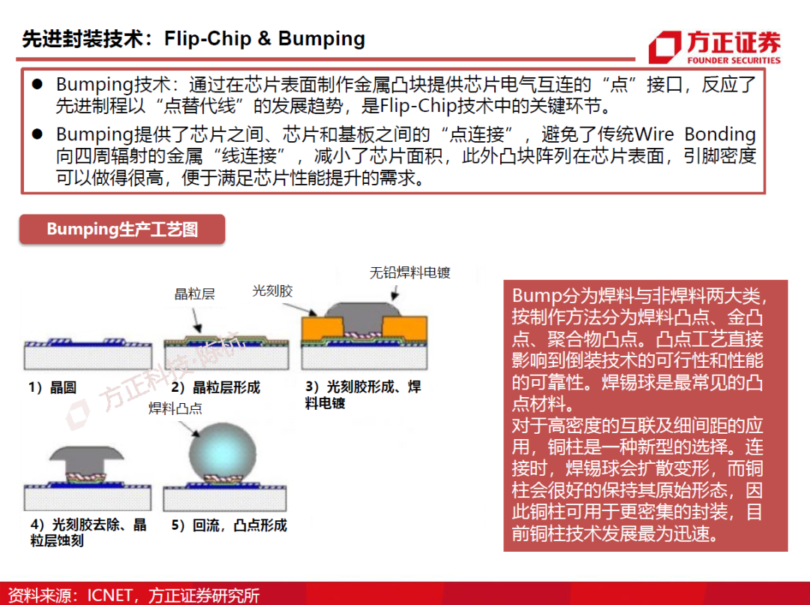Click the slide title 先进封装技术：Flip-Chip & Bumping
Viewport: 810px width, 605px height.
[x=193, y=39]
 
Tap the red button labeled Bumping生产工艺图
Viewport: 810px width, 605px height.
[x=122, y=230]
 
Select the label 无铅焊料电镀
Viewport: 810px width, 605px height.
[x=409, y=272]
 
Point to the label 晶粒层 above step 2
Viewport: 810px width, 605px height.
[x=194, y=294]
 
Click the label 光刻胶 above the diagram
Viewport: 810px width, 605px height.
[x=272, y=290]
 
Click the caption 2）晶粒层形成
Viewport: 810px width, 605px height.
[x=215, y=387]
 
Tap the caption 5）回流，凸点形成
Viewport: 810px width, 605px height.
[x=229, y=525]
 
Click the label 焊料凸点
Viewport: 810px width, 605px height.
[x=175, y=408]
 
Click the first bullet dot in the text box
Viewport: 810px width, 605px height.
[x=36, y=83]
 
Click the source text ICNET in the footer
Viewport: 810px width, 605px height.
[x=109, y=595]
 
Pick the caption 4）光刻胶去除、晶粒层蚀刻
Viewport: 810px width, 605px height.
[x=88, y=532]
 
